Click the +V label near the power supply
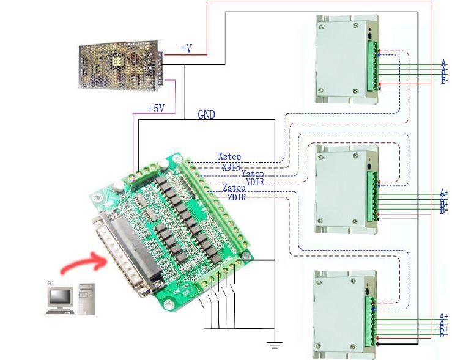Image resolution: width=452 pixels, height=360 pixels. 186,48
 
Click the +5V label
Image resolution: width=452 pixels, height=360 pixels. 156,108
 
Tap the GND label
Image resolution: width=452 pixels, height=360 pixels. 206,114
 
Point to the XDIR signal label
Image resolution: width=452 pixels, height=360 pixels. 232,166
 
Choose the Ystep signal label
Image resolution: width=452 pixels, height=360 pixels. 253,174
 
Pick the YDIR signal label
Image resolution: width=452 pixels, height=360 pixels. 256,182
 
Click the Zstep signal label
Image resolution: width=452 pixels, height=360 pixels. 234,189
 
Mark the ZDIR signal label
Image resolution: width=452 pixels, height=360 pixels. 237,197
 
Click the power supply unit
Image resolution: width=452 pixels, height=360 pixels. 120,65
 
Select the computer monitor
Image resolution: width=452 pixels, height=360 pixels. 61,297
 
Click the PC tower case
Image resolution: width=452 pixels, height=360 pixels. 86,298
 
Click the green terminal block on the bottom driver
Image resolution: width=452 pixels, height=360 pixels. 372,320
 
